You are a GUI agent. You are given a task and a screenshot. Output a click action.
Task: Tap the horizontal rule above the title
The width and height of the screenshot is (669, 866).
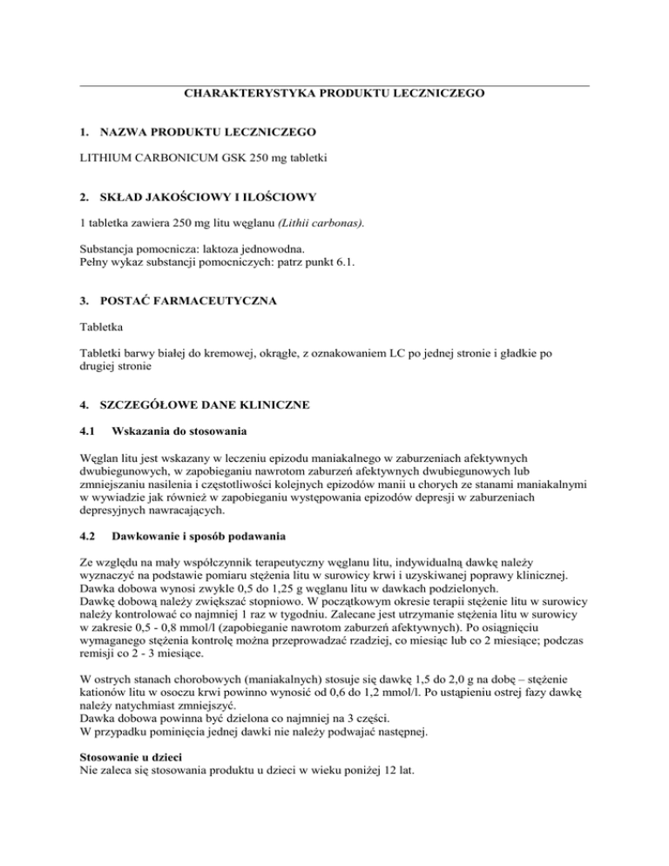334,85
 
